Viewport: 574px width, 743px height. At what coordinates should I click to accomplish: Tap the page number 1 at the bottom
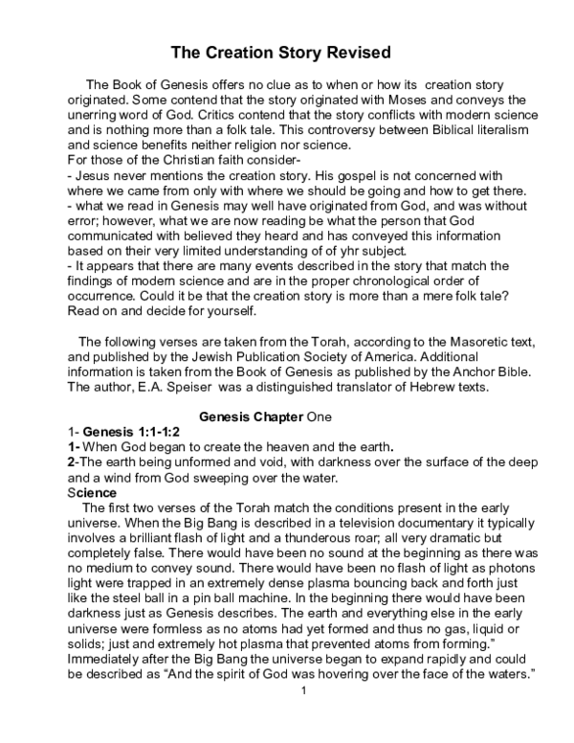coord(302,717)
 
